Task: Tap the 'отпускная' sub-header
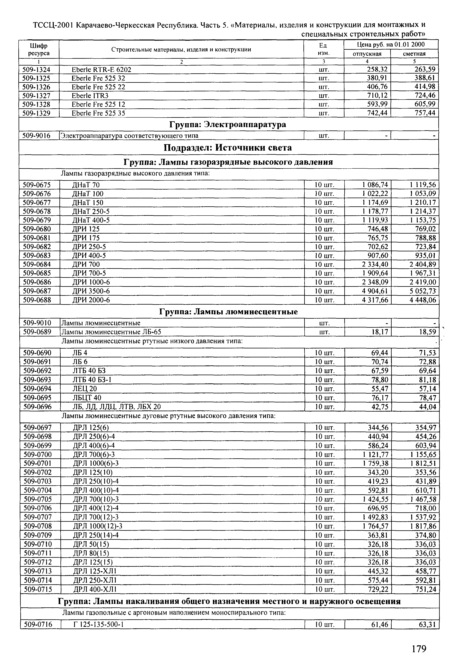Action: [367, 54]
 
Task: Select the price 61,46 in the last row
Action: [379, 625]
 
